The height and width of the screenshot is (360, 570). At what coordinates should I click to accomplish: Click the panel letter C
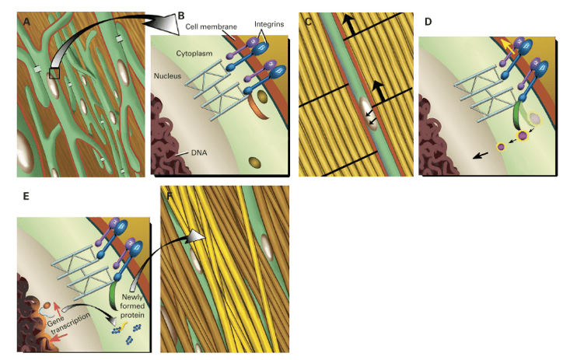click(x=309, y=21)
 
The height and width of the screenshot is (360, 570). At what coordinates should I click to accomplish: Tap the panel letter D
click(x=428, y=21)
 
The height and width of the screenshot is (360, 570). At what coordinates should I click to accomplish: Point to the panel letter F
click(x=168, y=196)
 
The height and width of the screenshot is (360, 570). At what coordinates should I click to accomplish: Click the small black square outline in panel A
click(x=54, y=73)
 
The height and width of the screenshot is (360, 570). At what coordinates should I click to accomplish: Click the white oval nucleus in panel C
click(x=365, y=107)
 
